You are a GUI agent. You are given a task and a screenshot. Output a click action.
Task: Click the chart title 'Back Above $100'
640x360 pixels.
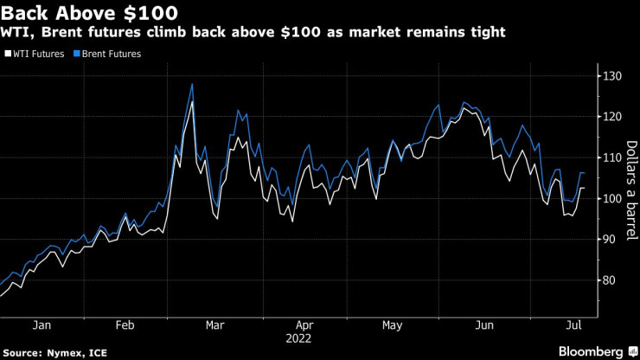91,13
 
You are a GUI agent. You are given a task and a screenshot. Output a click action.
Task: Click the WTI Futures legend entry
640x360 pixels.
37,54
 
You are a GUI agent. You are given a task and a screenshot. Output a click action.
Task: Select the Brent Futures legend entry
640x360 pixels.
110,54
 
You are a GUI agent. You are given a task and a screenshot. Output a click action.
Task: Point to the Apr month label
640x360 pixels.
303,325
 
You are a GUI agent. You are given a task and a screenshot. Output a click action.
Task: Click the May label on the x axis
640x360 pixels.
393,325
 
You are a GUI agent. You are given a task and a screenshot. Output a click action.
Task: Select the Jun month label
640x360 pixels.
485,325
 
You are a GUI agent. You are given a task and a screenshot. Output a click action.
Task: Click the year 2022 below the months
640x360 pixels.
303,338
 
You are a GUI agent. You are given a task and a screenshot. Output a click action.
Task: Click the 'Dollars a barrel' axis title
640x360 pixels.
631,177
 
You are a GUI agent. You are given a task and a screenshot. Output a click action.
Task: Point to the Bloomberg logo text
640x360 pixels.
589,352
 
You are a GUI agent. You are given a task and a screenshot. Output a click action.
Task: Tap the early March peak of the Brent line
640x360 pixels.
191,84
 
